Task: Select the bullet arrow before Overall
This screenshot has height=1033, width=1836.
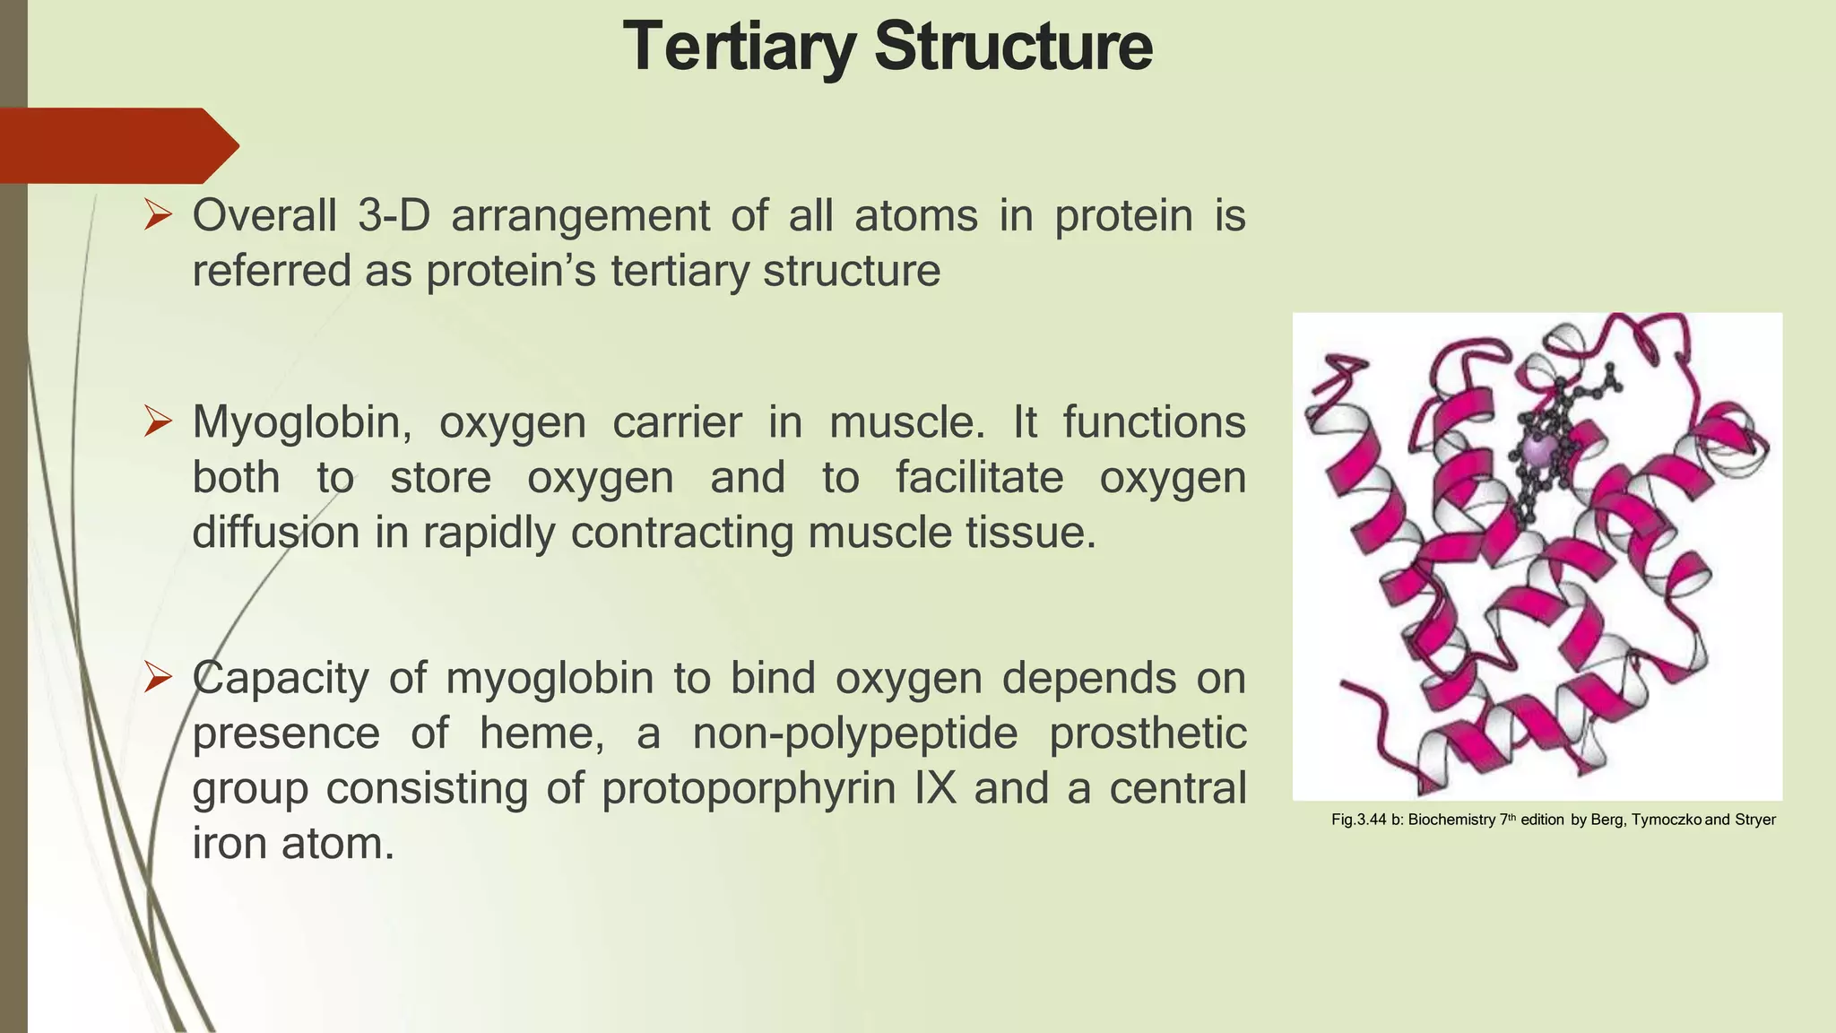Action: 158,215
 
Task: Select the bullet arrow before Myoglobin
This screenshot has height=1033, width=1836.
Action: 158,421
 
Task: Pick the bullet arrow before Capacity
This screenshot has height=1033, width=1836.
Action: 158,678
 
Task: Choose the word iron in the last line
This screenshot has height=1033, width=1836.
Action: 229,844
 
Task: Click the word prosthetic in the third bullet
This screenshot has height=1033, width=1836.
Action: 1147,734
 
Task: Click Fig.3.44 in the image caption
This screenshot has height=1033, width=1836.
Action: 1359,820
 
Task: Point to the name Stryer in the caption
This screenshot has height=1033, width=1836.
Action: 1754,820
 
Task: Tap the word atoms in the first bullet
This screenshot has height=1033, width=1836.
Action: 915,216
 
